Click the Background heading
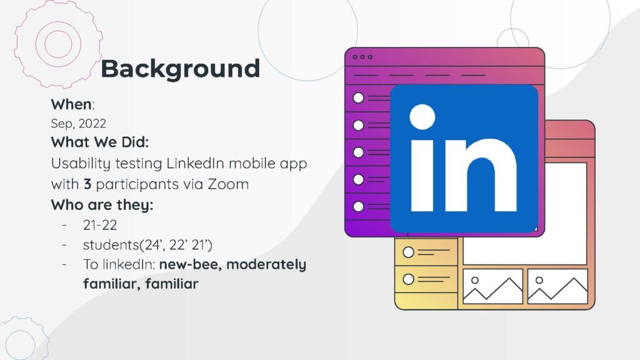click(x=180, y=69)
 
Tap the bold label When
click(x=71, y=104)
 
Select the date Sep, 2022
click(x=78, y=123)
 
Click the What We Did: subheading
click(x=100, y=142)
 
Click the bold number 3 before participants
click(x=87, y=184)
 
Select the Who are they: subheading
click(x=102, y=204)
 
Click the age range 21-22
click(x=100, y=225)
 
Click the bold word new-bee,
click(x=190, y=264)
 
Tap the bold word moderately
click(x=266, y=264)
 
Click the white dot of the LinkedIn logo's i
click(x=422, y=117)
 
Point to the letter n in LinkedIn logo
click(x=481, y=175)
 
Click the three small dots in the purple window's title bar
click(x=362, y=57)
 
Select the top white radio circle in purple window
click(x=358, y=98)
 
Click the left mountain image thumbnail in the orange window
click(x=492, y=286)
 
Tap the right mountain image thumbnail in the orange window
click(x=557, y=286)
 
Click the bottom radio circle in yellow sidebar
click(x=409, y=279)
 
